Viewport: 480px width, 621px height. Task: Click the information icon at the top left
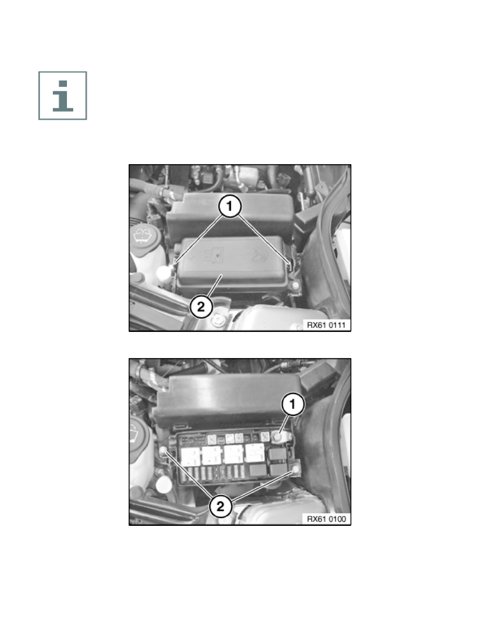pos(63,96)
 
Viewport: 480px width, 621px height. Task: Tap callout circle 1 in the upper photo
pos(230,206)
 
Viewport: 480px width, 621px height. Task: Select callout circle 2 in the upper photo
pos(201,306)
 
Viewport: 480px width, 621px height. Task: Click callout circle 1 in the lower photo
pos(293,404)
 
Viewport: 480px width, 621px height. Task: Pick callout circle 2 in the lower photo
pos(221,506)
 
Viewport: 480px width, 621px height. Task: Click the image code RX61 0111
pos(326,325)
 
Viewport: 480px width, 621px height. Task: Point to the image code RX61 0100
pos(326,519)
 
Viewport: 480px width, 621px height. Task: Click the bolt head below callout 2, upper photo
pos(218,319)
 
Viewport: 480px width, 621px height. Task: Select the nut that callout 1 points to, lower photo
pos(278,437)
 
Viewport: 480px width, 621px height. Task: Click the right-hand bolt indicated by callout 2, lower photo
pos(296,470)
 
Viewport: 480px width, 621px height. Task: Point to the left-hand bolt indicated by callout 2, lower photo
pos(163,450)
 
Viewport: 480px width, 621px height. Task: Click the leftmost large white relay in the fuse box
pos(190,456)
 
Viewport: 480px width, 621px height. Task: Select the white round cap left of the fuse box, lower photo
pos(163,484)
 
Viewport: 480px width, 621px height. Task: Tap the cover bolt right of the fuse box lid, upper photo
pos(295,286)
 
